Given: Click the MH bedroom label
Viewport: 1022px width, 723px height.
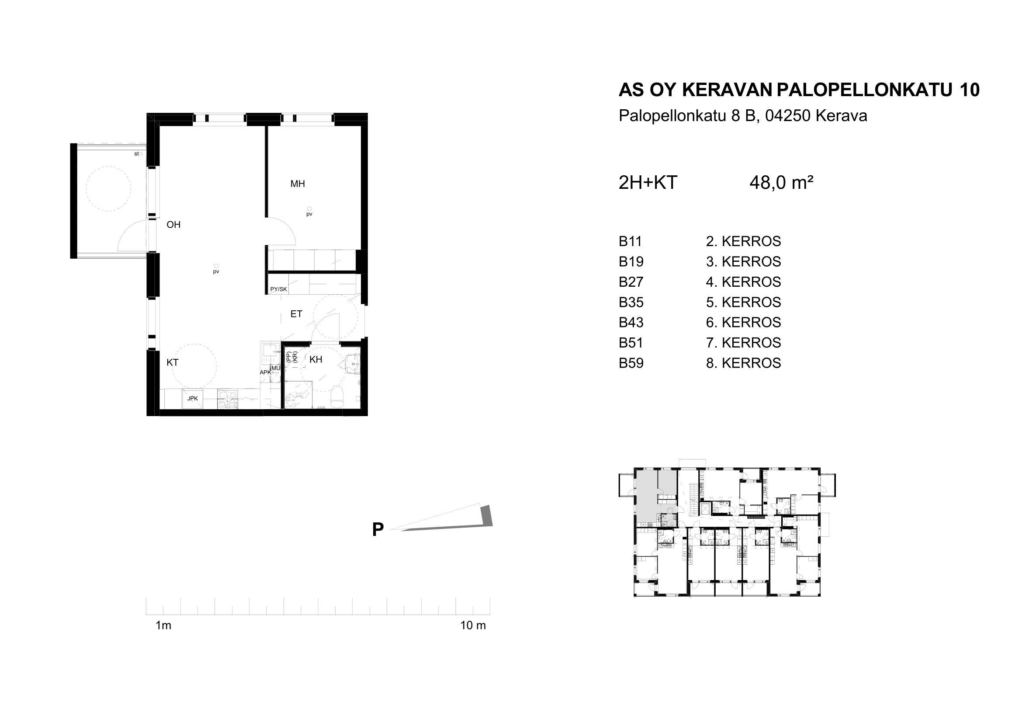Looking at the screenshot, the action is (x=298, y=184).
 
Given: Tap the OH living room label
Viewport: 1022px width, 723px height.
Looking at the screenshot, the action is (x=173, y=225).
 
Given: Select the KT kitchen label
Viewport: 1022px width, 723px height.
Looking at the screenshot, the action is (x=172, y=362).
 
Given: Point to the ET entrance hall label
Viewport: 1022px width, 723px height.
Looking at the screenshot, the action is (x=296, y=314).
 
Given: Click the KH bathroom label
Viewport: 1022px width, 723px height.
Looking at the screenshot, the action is (x=315, y=360).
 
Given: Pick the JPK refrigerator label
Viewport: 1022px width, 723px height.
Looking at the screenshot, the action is (x=192, y=399).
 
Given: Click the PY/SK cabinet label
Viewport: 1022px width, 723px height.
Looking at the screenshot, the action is (x=279, y=289).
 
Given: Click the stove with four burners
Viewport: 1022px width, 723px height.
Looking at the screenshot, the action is (x=228, y=399).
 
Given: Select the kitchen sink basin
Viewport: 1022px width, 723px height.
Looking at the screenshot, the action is (x=270, y=350).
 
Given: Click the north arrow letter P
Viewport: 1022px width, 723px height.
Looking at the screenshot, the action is (x=378, y=530).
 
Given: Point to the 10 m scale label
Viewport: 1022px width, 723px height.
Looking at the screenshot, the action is (x=473, y=626).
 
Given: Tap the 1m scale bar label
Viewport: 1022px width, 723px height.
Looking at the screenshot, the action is (x=163, y=626).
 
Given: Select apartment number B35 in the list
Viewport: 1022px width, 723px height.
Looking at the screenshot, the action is (x=631, y=302).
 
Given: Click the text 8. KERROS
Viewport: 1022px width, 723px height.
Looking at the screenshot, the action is (x=743, y=363).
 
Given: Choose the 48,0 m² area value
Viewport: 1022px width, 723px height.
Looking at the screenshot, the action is (x=782, y=183).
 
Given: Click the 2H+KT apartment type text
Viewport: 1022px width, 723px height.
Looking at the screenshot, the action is (x=648, y=183).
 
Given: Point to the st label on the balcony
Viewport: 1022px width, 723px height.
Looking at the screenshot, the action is (x=136, y=154).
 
